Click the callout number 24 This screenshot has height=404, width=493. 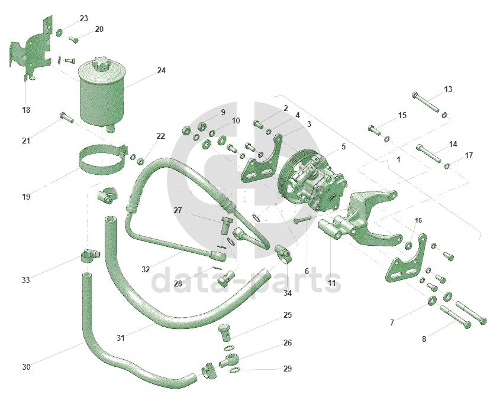[x=161, y=71]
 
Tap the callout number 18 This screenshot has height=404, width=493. [x=26, y=110]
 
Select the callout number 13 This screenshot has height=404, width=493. [x=448, y=90]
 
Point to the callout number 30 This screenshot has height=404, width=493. [x=26, y=367]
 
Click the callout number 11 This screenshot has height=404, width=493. [x=331, y=284]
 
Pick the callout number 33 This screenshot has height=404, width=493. [x=25, y=280]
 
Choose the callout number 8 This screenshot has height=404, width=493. [x=424, y=339]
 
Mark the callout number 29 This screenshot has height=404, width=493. [x=288, y=369]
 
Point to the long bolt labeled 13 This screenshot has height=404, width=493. [x=426, y=102]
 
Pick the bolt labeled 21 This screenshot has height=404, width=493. [x=66, y=118]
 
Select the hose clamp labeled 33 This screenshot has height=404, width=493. [x=89, y=256]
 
